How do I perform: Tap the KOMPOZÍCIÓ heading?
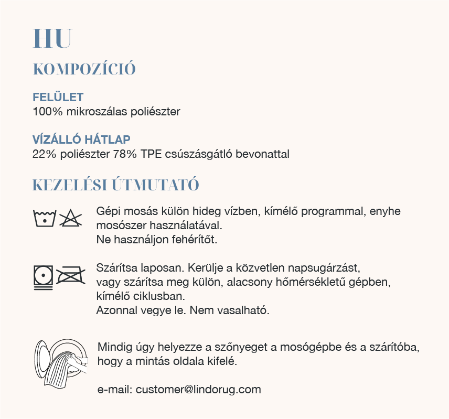tap(84, 69)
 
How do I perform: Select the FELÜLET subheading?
tap(58, 98)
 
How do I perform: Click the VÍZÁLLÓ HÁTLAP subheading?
tap(81, 140)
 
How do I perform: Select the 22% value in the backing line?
tap(42, 154)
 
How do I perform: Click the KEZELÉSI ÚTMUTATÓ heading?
tap(115, 185)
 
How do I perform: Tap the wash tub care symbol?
tap(44, 217)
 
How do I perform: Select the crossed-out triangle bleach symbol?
tap(70, 217)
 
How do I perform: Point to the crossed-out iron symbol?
tap(70, 275)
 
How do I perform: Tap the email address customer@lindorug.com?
tap(198, 390)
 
